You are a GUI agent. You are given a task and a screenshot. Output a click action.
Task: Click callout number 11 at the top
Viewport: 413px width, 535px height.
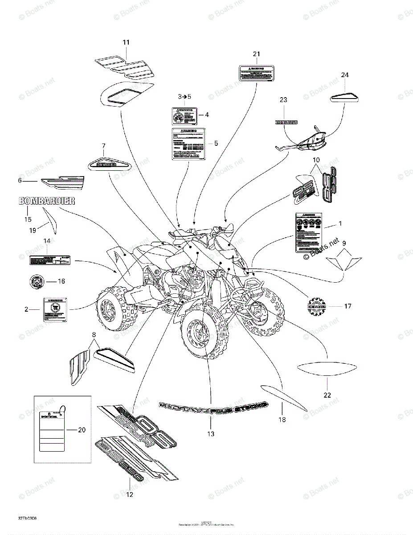126,42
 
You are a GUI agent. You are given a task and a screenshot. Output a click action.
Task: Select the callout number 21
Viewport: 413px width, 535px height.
256,54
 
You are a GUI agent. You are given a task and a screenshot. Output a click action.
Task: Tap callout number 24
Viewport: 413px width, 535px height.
344,75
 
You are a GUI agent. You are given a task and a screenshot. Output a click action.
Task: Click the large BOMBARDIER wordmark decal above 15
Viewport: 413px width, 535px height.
46,201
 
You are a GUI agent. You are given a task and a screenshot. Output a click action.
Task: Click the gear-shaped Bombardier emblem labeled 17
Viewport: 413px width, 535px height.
316,307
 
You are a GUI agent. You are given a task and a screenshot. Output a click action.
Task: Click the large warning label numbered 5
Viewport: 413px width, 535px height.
188,144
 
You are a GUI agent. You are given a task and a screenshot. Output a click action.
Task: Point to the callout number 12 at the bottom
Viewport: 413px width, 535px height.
130,494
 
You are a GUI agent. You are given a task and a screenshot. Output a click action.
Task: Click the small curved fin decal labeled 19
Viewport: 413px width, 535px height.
52,221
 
